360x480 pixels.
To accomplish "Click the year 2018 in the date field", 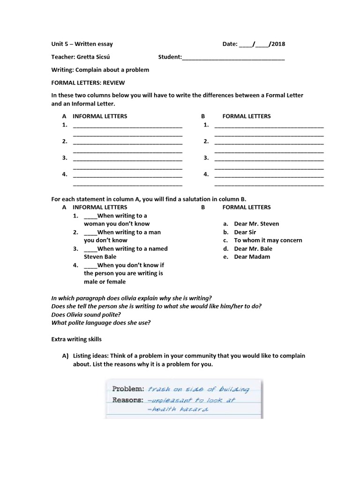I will [x=277, y=45].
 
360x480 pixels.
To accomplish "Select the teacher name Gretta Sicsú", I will [x=96, y=57].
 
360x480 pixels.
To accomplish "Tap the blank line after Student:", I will [x=233, y=58].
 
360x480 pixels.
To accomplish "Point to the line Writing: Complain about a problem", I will [x=100, y=70].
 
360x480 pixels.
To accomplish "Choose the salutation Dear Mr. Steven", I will [x=256, y=224].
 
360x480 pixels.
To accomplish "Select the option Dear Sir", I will [x=245, y=232].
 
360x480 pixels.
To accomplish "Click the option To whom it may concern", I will [x=268, y=240].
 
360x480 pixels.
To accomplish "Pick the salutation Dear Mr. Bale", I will [x=253, y=249].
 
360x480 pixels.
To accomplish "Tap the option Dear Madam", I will [x=252, y=257].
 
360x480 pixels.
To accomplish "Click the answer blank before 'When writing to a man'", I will [x=90, y=232].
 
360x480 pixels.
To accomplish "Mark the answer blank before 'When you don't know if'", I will [x=90, y=265].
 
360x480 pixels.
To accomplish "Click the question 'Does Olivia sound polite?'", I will [x=89, y=315].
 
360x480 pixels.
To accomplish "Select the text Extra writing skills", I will [x=76, y=339].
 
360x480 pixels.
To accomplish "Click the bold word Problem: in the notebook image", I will [x=127, y=389].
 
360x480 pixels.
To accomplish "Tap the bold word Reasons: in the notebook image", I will [x=127, y=400].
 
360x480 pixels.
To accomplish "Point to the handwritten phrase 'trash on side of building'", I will [x=198, y=389].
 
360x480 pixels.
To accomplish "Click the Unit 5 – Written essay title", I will [x=82, y=45].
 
